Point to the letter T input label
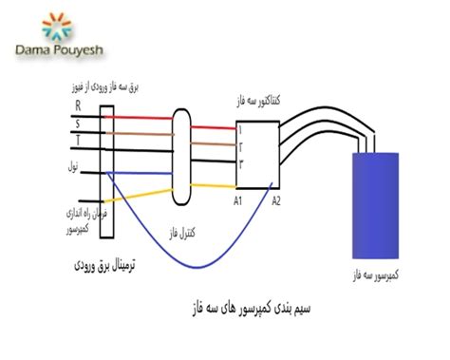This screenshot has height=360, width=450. [x=78, y=141]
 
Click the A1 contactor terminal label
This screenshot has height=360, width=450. [x=238, y=200]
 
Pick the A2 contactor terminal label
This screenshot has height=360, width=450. [x=276, y=200]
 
